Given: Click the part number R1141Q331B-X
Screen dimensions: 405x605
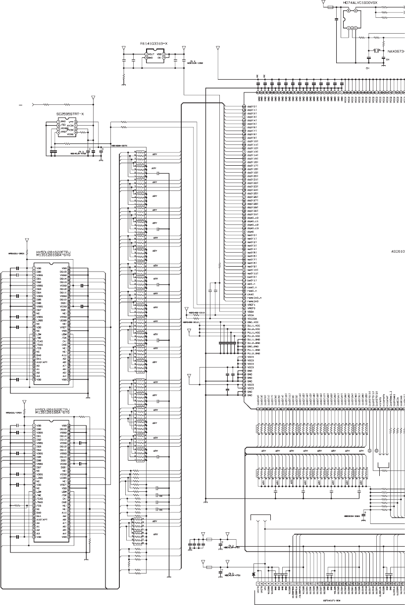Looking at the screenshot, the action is [x=153, y=44].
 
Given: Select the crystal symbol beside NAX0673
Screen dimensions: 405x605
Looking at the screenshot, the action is [x=376, y=50].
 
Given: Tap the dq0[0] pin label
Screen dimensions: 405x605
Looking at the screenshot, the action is [x=252, y=106].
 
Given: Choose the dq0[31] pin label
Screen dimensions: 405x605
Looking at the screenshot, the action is [x=253, y=214].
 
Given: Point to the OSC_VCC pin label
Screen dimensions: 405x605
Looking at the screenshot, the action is [x=253, y=322].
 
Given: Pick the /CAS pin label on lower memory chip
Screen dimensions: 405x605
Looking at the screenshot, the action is [x=39, y=498].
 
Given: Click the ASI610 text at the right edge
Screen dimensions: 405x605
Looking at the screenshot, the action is [x=398, y=251].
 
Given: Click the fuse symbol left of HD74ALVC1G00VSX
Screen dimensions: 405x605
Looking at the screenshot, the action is [x=330, y=8].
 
